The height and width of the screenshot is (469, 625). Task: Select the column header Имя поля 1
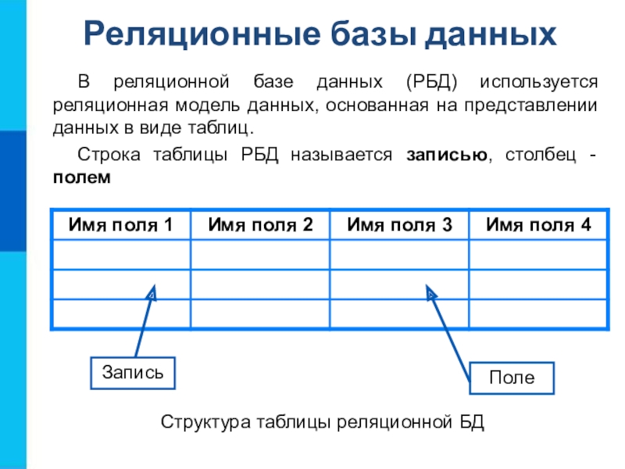pyautogui.click(x=121, y=225)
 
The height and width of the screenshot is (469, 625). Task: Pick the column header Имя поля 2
pyautogui.click(x=260, y=225)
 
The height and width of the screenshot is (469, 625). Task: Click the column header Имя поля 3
pyautogui.click(x=399, y=225)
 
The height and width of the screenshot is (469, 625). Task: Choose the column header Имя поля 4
pyautogui.click(x=538, y=225)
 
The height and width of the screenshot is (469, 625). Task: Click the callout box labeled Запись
pyautogui.click(x=132, y=372)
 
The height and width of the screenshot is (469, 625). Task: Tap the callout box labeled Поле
pyautogui.click(x=512, y=378)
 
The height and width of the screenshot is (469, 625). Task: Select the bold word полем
pyautogui.click(x=82, y=177)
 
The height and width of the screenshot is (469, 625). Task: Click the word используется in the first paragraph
pyautogui.click(x=539, y=82)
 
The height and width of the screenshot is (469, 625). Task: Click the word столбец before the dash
pyautogui.click(x=539, y=155)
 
